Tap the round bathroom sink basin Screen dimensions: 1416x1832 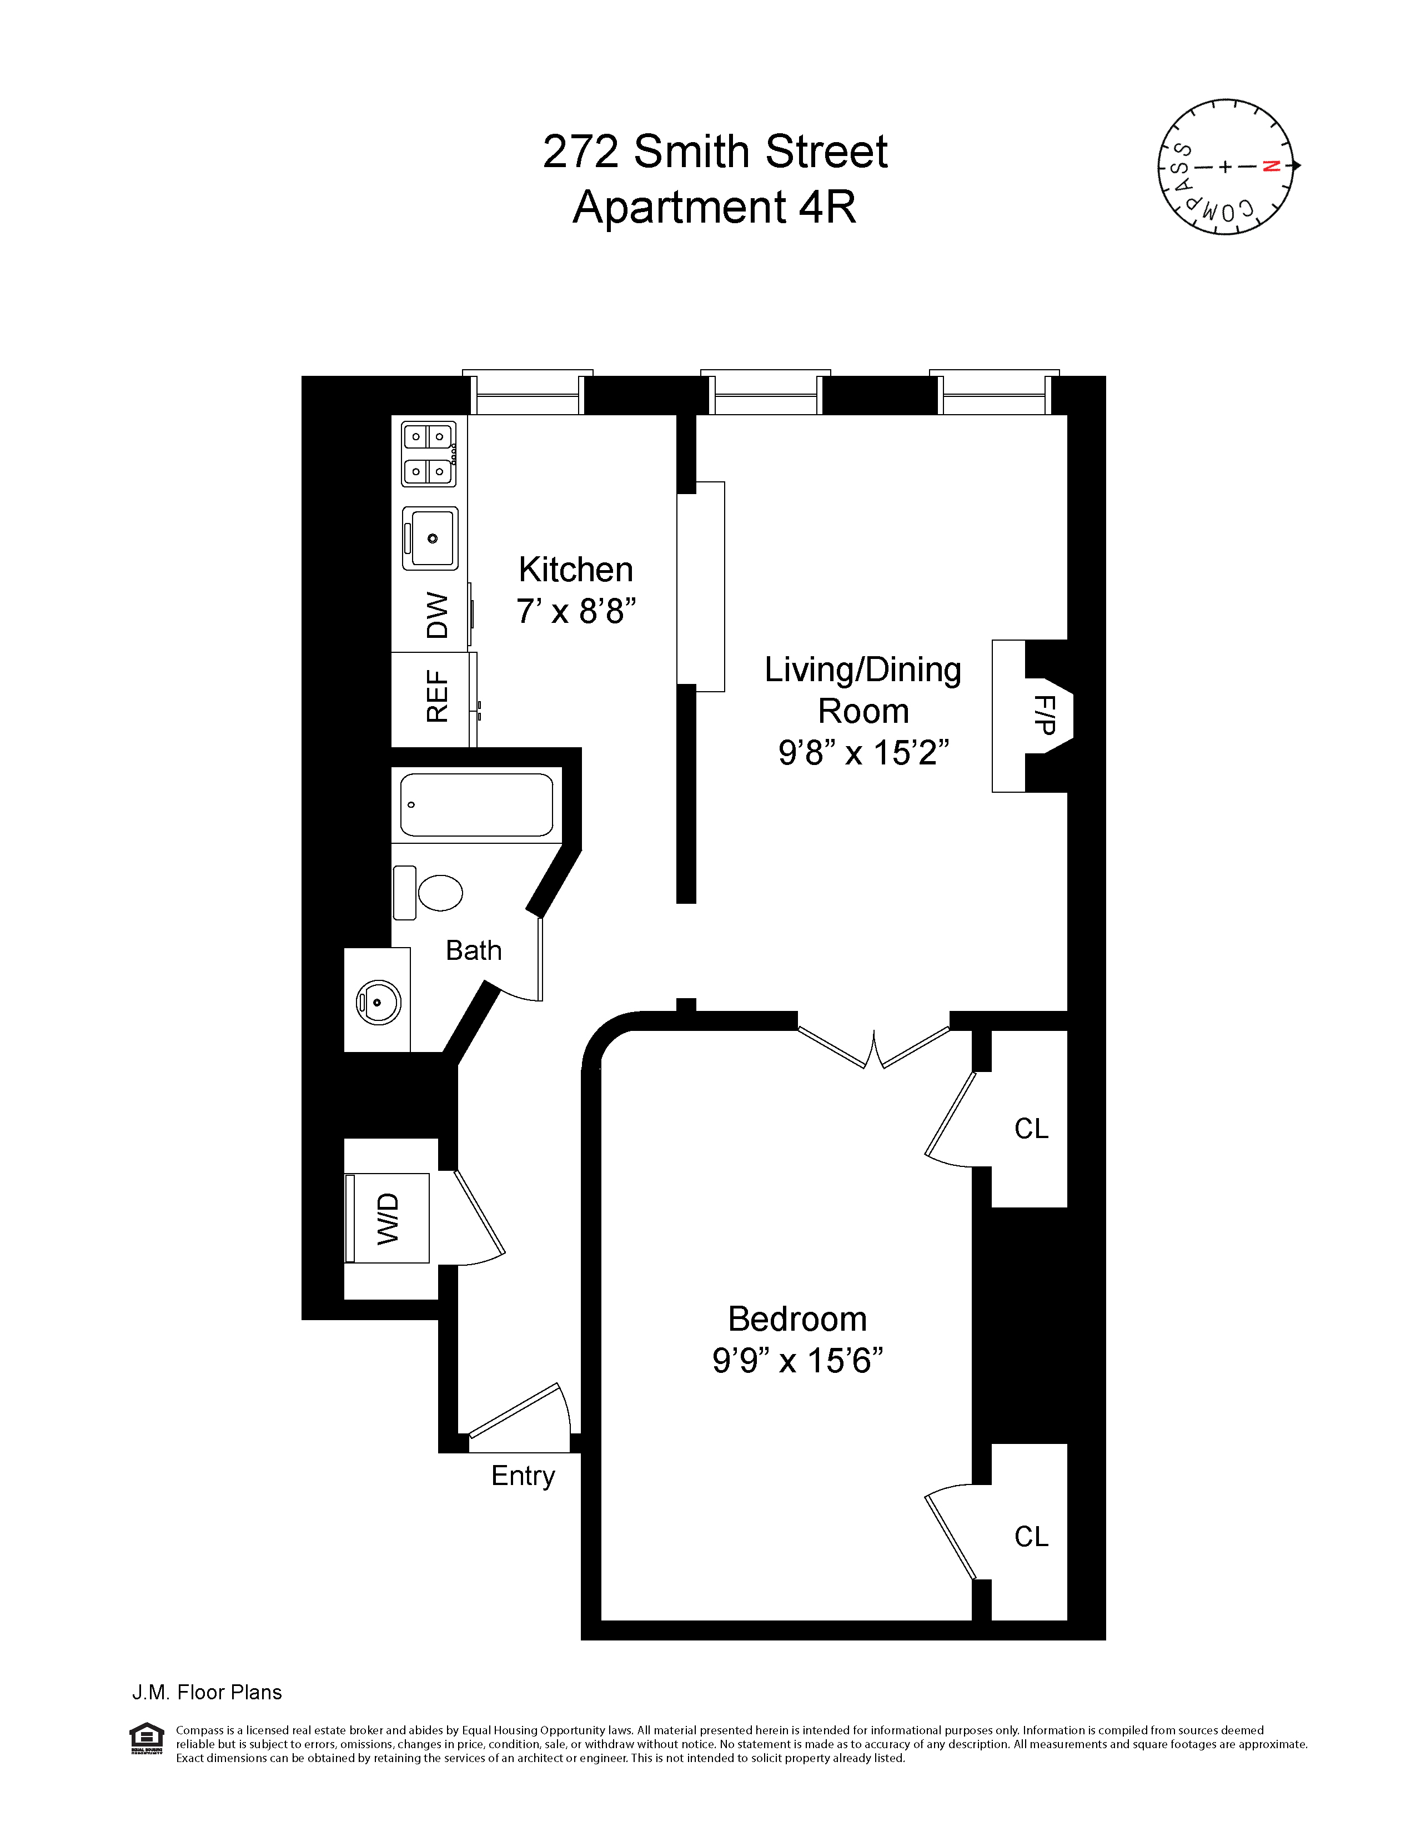(378, 1001)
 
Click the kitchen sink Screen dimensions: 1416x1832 (430, 538)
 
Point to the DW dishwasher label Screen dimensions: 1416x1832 (437, 615)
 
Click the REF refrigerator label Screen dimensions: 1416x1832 (437, 696)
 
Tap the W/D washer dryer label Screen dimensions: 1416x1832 (388, 1218)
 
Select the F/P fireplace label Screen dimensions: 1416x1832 (1045, 714)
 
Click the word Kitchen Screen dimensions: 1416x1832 (575, 570)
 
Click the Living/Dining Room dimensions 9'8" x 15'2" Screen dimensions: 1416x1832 (863, 752)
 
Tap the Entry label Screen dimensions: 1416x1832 (523, 1476)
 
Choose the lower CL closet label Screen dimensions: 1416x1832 (1031, 1537)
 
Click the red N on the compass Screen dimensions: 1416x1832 (1272, 166)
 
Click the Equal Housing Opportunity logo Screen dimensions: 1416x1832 (147, 1737)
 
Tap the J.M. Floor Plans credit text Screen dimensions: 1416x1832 (207, 1693)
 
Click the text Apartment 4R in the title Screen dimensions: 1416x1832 (714, 207)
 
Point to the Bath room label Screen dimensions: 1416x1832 (473, 950)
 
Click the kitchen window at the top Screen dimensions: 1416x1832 (528, 394)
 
